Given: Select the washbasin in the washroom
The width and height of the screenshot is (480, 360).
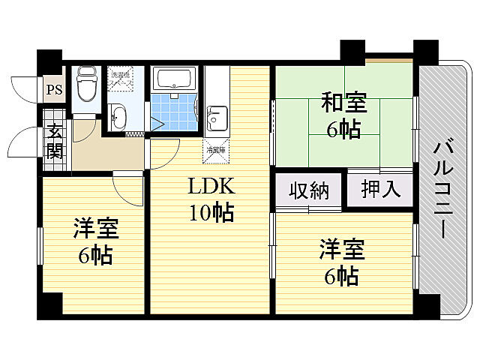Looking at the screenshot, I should click(119, 116).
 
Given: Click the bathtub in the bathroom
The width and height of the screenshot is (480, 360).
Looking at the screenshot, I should click(173, 78).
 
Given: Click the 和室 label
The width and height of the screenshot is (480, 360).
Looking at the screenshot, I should click(343, 100).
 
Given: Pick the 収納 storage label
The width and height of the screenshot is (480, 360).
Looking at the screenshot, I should click(310, 190).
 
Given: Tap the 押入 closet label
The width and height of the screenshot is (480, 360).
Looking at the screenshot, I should click(380, 189).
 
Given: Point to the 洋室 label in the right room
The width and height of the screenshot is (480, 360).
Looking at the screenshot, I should click(341, 248).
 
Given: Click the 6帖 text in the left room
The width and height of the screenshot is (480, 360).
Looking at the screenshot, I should click(95, 256).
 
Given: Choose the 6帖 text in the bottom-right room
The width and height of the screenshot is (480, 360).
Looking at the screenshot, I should click(341, 276).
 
